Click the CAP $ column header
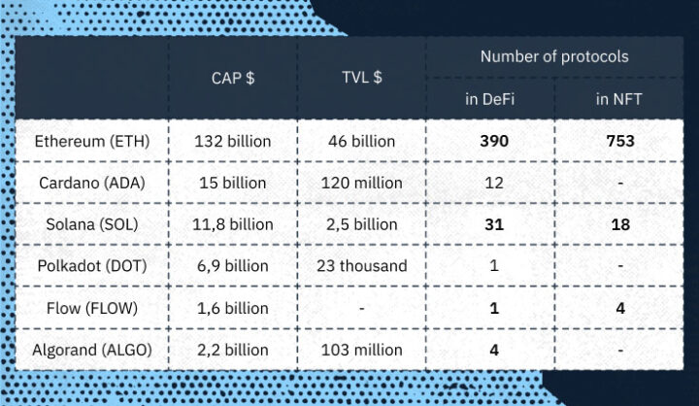(x=233, y=78)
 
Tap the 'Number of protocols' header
(x=554, y=56)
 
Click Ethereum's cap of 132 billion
(x=233, y=141)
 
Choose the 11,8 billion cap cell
(x=233, y=224)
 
